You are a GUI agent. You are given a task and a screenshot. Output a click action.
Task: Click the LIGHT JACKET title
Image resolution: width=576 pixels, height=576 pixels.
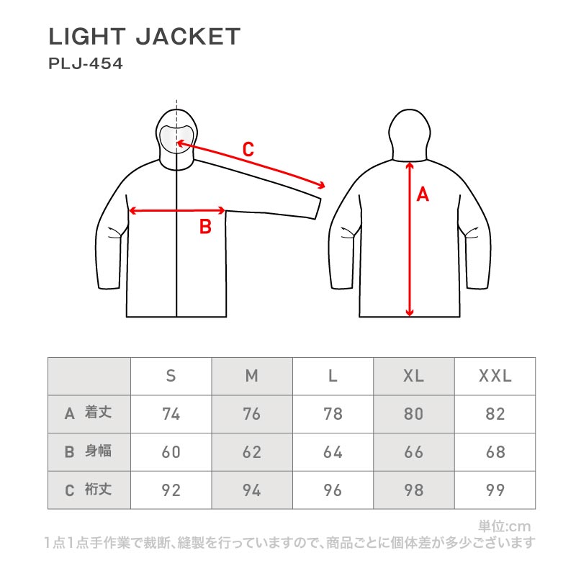pyautogui.click(x=144, y=37)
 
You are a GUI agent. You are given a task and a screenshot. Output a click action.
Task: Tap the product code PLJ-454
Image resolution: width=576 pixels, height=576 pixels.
pyautogui.click(x=86, y=63)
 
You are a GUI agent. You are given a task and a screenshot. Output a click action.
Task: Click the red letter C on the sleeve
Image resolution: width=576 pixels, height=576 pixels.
pyautogui.click(x=248, y=150)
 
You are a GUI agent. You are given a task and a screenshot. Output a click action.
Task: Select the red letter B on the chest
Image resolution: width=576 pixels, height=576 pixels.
pyautogui.click(x=205, y=228)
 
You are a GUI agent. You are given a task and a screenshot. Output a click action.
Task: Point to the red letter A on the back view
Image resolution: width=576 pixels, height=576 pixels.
pyautogui.click(x=423, y=194)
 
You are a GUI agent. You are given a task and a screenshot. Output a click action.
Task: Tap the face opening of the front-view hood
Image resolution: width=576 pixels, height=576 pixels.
pyautogui.click(x=176, y=137)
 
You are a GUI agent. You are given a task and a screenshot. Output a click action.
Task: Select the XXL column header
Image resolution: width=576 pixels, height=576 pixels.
pyautogui.click(x=495, y=376)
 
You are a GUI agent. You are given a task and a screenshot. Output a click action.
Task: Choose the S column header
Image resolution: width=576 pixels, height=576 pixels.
pyautogui.click(x=171, y=376)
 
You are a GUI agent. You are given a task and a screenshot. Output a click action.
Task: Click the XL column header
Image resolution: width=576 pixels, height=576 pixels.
pyautogui.click(x=413, y=376)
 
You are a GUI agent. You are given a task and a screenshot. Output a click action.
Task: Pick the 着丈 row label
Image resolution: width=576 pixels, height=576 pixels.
pyautogui.click(x=96, y=413)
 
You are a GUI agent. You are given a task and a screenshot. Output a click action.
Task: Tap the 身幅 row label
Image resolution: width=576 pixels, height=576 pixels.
pyautogui.click(x=96, y=451)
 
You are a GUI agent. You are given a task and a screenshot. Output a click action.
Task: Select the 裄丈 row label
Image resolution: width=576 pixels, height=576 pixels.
pyautogui.click(x=96, y=490)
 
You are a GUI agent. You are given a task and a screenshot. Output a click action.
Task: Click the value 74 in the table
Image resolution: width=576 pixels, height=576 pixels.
pyautogui.click(x=171, y=414)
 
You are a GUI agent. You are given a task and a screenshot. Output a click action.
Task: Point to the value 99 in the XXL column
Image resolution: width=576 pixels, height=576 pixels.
pyautogui.click(x=495, y=491)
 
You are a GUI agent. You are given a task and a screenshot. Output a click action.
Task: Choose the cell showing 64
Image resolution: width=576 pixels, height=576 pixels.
pyautogui.click(x=333, y=453)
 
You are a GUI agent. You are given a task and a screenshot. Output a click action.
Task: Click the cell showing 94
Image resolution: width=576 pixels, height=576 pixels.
pyautogui.click(x=251, y=491)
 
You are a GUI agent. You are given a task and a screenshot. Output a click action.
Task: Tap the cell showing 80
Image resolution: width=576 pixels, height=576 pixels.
pyautogui.click(x=413, y=414)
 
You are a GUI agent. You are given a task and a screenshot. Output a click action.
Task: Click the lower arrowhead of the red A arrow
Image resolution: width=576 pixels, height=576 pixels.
pyautogui.click(x=410, y=312)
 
